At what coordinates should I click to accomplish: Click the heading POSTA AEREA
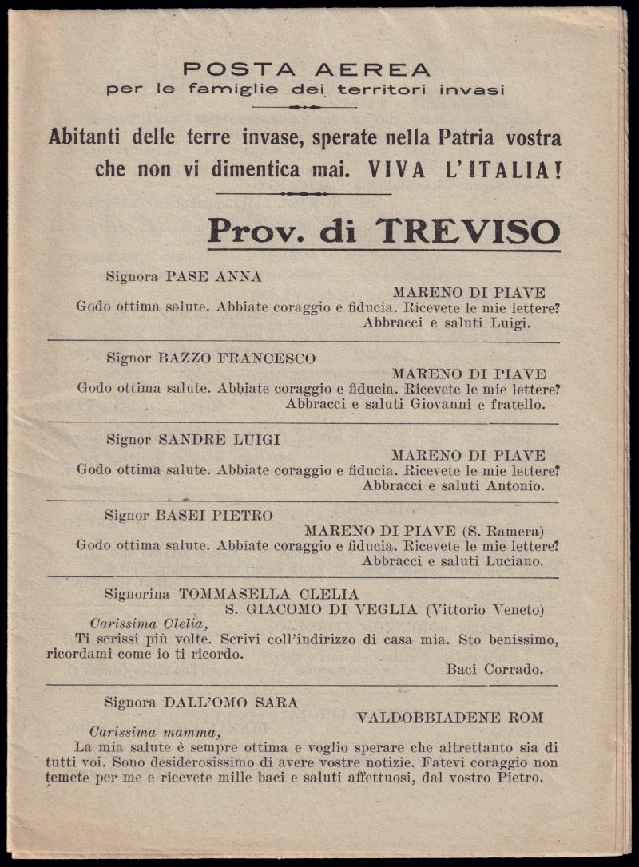(x=306, y=69)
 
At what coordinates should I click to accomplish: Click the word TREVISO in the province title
(x=468, y=232)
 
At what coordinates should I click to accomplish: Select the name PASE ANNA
(x=213, y=277)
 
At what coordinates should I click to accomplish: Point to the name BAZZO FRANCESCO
(x=237, y=358)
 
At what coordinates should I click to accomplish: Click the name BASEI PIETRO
(x=216, y=516)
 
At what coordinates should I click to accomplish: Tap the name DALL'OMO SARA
(x=231, y=703)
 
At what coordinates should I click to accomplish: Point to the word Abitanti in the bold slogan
(x=86, y=137)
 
